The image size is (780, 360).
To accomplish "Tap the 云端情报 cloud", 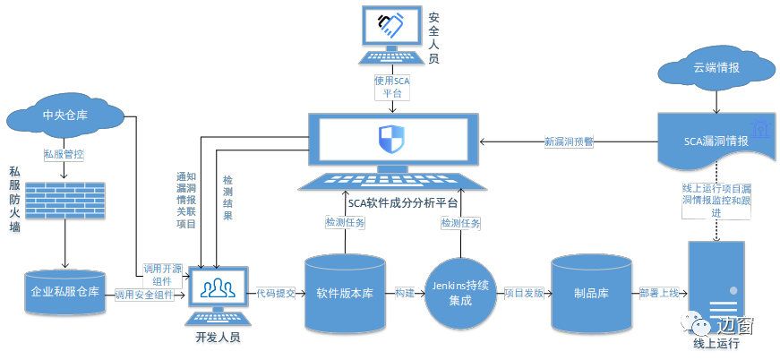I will [x=715, y=69].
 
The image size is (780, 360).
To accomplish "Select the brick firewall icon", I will [x=64, y=204].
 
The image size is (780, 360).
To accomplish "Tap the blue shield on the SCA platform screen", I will [x=390, y=141].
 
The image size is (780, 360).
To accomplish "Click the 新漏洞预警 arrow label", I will [x=569, y=141].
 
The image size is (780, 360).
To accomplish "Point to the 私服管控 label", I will [x=64, y=153].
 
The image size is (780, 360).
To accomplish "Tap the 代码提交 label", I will [x=275, y=293].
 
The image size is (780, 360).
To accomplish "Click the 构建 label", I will [x=405, y=293].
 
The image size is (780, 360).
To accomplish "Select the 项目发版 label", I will [x=523, y=293].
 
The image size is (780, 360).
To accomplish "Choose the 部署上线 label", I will [x=658, y=293].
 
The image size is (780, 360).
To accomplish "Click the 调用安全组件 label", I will [x=144, y=295].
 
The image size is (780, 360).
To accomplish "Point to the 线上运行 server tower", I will [x=716, y=285].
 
